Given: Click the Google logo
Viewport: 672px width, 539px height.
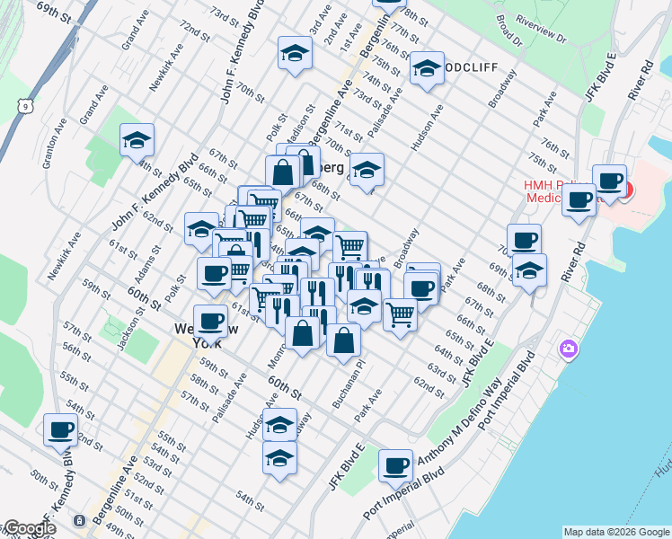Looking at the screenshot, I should coord(29,528).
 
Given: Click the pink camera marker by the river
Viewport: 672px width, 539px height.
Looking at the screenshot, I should coord(568,348).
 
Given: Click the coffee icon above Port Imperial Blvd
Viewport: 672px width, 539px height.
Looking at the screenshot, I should coord(395,465).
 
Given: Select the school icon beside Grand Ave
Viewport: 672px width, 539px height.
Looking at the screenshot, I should coord(137,140).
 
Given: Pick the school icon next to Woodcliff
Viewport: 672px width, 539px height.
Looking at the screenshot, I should coord(426,68).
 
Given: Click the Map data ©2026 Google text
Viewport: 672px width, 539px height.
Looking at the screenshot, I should coord(617,532).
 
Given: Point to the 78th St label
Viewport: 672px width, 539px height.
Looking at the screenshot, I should coord(416,16).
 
